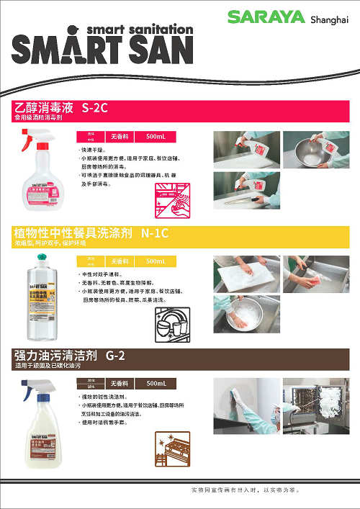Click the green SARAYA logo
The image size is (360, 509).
[x=268, y=17]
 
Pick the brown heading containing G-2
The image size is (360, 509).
[x=70, y=355]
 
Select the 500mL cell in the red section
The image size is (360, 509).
[x=156, y=136]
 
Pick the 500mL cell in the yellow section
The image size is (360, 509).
[x=156, y=261]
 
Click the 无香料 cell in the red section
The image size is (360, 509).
[x=118, y=136]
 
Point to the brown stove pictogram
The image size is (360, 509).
[x=172, y=449]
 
